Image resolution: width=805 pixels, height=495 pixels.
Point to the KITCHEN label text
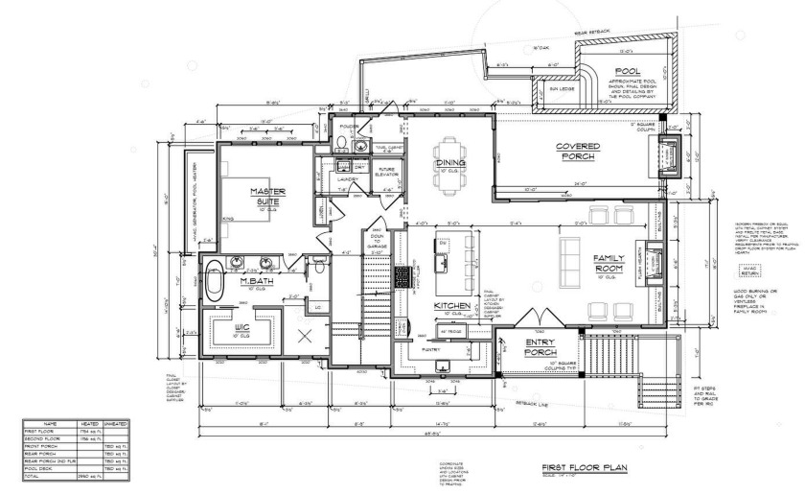(x=451, y=306)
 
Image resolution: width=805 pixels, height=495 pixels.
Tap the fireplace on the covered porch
(x=669, y=151)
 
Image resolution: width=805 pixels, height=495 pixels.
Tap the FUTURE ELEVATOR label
(x=387, y=172)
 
